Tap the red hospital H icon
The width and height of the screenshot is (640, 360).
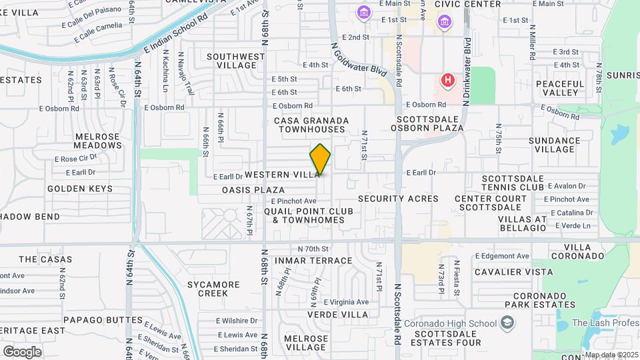[x=448, y=81]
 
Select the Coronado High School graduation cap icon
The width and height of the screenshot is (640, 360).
[x=508, y=323]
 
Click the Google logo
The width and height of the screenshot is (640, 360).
[x=22, y=351]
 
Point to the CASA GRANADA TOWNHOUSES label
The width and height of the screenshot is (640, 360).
[x=311, y=125]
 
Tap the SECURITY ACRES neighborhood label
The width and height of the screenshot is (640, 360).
[x=398, y=199]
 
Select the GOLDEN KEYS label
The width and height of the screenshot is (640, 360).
[x=80, y=189]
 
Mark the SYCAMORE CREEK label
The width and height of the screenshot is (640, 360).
[x=213, y=289]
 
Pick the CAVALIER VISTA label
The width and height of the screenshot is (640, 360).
[x=513, y=272]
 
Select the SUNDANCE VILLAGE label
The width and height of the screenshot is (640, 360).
[x=554, y=145]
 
